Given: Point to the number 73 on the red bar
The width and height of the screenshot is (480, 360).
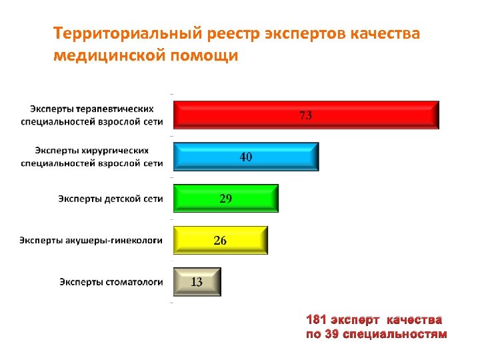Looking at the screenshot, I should click(x=305, y=115).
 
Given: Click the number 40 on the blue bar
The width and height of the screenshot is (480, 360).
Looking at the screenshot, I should click(x=246, y=157).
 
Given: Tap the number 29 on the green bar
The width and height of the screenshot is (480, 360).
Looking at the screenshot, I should click(x=226, y=199).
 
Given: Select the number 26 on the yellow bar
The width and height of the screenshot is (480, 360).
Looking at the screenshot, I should click(x=220, y=241).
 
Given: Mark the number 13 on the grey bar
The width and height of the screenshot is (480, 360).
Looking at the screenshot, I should click(x=197, y=282).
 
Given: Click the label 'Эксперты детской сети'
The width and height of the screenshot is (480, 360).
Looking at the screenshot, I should click(x=110, y=199).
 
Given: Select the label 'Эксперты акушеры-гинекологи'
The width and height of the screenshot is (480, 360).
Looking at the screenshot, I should click(x=91, y=240).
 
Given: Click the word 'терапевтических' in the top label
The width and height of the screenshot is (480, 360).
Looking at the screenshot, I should click(x=115, y=108).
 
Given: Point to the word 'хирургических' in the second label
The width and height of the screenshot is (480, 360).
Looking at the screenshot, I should click(x=117, y=150).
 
